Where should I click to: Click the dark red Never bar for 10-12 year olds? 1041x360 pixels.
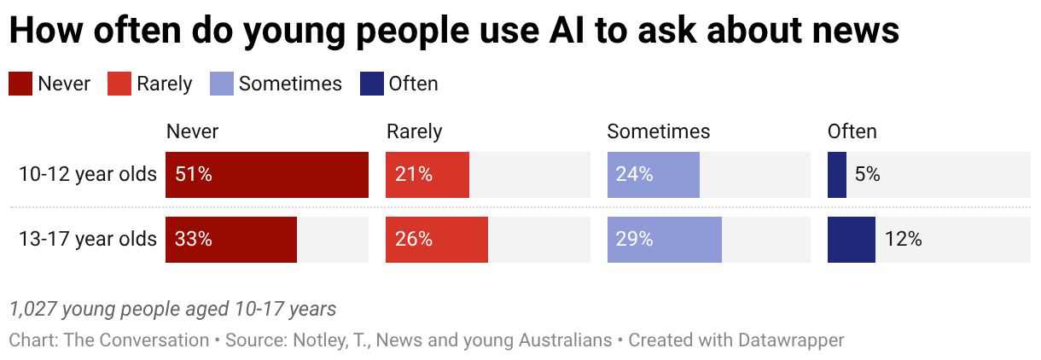click(267, 175)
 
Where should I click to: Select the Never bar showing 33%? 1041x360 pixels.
click(231, 240)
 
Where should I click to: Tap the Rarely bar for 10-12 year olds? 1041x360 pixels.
click(427, 175)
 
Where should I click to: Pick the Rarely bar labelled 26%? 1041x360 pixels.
click(437, 240)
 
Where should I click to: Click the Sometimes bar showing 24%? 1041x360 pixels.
click(654, 175)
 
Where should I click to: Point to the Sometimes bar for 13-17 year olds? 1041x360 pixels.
click(665, 240)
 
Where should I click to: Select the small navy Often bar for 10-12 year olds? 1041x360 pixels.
click(837, 175)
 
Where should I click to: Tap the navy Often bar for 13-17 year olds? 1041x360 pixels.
click(852, 240)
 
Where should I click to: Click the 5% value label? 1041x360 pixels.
click(867, 175)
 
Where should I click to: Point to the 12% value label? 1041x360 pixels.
click(903, 239)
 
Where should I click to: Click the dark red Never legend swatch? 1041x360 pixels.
click(20, 84)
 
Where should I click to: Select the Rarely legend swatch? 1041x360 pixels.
click(119, 84)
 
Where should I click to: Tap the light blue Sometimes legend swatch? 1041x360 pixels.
click(222, 84)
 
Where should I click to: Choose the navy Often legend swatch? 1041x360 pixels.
click(372, 84)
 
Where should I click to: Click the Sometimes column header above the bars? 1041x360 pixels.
click(659, 131)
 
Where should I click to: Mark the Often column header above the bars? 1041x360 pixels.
click(852, 131)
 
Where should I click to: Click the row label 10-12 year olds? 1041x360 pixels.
click(88, 175)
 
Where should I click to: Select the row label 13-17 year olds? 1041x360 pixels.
click(88, 239)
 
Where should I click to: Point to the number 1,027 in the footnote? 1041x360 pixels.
click(33, 310)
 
